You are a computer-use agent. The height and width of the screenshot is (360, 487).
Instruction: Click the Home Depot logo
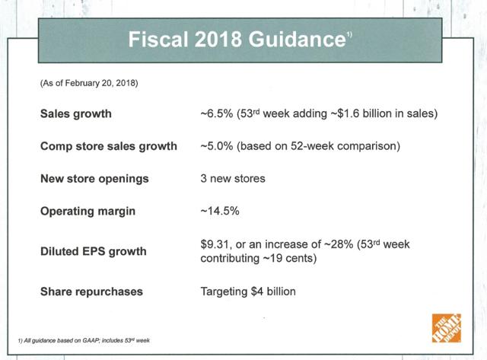click(447, 328)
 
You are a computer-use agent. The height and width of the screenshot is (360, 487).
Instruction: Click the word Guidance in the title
click(297, 40)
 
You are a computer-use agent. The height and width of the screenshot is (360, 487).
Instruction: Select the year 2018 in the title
click(218, 40)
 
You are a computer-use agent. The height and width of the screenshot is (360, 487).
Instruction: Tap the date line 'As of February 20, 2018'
click(89, 83)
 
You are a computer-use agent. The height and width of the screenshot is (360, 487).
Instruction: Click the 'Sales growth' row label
click(76, 113)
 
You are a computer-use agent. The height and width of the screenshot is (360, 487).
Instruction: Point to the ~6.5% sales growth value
click(216, 113)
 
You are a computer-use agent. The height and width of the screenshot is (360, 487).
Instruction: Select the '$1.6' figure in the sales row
click(349, 113)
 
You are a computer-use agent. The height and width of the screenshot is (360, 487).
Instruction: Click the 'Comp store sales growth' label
click(109, 146)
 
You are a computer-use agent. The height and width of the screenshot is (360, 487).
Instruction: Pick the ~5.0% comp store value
click(216, 146)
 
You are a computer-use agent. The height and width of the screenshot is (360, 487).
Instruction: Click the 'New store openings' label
click(94, 179)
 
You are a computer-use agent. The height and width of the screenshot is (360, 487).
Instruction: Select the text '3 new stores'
click(233, 179)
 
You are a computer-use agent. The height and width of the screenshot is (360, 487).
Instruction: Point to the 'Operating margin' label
click(88, 212)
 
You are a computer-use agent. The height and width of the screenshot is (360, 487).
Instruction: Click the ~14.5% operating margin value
click(220, 212)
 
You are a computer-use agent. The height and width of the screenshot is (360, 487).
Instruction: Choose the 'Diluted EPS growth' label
click(93, 252)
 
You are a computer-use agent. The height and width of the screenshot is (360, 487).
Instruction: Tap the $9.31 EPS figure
click(215, 244)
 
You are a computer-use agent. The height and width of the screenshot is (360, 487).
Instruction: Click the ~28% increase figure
click(339, 244)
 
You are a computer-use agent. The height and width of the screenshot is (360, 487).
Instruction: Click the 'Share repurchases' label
click(91, 292)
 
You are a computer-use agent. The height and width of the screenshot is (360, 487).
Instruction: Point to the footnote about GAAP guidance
click(84, 340)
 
